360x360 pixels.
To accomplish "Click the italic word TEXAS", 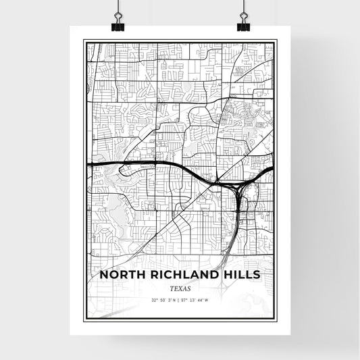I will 180,288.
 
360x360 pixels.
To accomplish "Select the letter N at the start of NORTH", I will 103,275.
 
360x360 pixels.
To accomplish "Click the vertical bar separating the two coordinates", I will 180,300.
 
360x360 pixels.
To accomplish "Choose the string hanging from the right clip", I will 242,7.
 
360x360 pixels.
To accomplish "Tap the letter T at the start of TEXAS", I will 172,288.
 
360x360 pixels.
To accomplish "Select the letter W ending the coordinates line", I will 206,300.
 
